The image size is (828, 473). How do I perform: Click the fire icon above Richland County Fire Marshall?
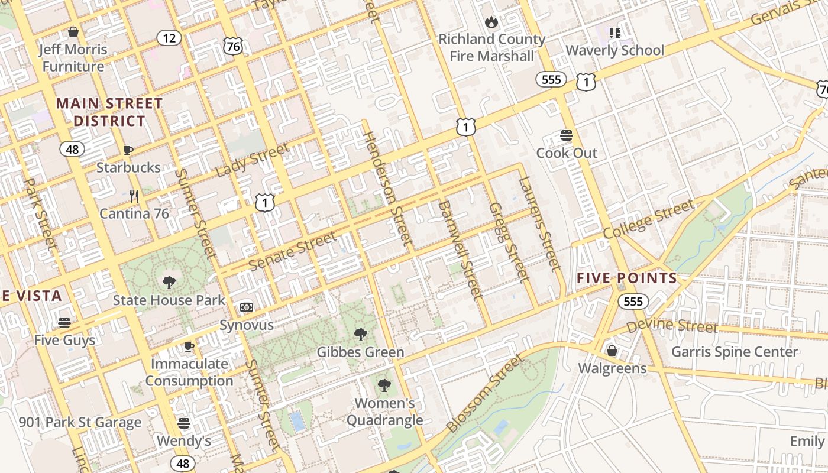click(x=491, y=22)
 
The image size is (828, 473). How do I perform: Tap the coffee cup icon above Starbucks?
click(x=128, y=150)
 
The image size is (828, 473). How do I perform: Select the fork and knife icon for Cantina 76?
click(x=134, y=196)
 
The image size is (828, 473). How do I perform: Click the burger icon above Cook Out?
click(x=567, y=135)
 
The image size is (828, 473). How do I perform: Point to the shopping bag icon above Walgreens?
click(x=612, y=351)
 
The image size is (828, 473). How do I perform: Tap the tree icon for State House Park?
click(x=169, y=283)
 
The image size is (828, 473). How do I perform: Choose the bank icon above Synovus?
click(x=247, y=307)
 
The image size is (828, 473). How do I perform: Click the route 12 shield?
click(x=170, y=38)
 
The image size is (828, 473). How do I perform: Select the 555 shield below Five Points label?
click(x=633, y=302)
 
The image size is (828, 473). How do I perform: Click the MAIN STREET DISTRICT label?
click(x=109, y=112)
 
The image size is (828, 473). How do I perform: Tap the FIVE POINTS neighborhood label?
click(x=627, y=278)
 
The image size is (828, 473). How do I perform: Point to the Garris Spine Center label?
click(x=735, y=352)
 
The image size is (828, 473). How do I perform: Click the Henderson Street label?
click(x=387, y=187)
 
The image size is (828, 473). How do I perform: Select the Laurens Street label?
click(x=539, y=223)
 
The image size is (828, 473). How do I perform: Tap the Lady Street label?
click(x=253, y=160)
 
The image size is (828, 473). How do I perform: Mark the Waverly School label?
click(x=615, y=50)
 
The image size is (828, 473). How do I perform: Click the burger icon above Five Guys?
click(x=64, y=323)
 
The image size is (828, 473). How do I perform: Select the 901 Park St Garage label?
click(x=80, y=422)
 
